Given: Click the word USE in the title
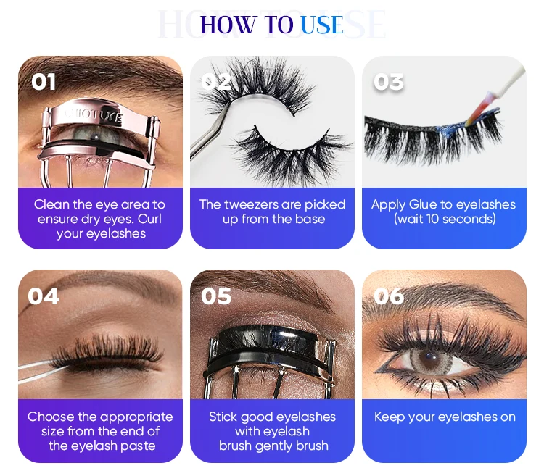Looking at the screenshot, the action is coord(322,25).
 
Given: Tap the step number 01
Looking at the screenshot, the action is coord(44,82).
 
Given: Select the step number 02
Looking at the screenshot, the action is coord(216,82).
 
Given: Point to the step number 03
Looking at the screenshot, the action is coord(389,82).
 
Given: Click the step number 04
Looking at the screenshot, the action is coord(44,296).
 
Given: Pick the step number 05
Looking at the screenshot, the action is coord(216,296).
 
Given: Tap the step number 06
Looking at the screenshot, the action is coord(389,296).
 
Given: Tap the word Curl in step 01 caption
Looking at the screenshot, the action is coord(149,219).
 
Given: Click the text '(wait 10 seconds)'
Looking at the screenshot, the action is coord(445,219).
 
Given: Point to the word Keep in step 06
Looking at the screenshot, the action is coord(390,417).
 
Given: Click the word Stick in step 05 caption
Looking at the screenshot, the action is coord(223,417).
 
